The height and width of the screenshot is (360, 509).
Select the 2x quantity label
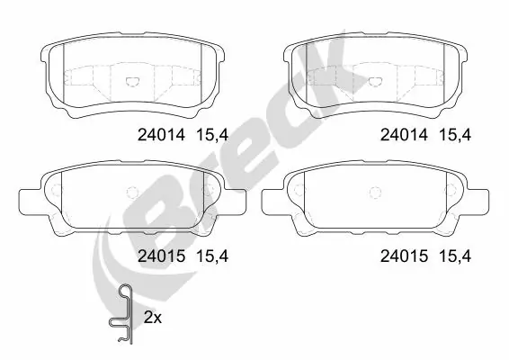(153, 318)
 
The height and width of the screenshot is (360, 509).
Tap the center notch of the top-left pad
(129, 81)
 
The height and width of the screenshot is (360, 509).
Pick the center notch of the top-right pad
(372, 81)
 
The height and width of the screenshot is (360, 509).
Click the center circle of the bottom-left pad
(130, 191)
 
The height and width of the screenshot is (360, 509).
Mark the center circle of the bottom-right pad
(374, 191)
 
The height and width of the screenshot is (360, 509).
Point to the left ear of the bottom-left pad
(30, 196)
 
